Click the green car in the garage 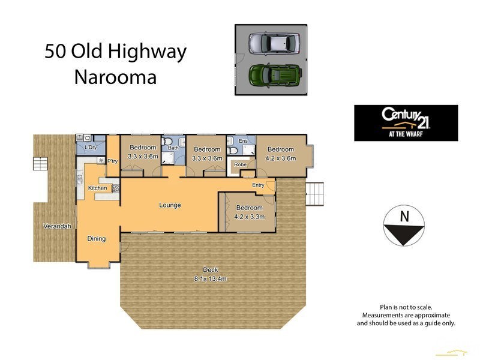click(274, 75)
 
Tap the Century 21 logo click(406, 123)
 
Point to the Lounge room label click(170, 205)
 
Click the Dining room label click(97, 238)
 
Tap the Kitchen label click(98, 188)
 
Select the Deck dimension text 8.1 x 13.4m click(210, 278)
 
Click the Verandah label click(57, 226)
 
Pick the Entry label click(258, 185)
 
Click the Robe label click(240, 164)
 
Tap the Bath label click(173, 148)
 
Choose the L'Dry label click(91, 147)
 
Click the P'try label click(112, 160)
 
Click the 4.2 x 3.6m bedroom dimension click(281, 158)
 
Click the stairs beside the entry click(315, 193)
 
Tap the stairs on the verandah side click(39, 164)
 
